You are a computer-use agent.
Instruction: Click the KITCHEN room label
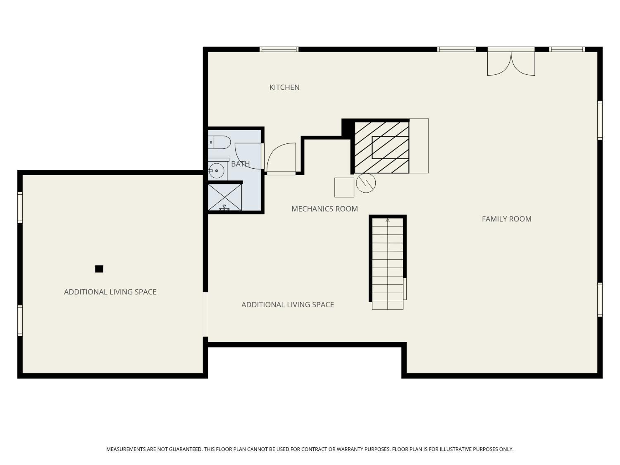pyautogui.click(x=284, y=87)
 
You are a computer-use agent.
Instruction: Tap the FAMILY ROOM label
pyautogui.click(x=506, y=219)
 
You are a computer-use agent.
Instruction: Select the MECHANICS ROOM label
pyautogui.click(x=324, y=209)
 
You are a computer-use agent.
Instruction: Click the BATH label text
pyautogui.click(x=240, y=164)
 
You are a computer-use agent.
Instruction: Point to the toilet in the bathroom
pyautogui.click(x=219, y=142)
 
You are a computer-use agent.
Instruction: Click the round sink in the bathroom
pyautogui.click(x=216, y=170)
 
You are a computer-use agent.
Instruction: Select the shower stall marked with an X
pyautogui.click(x=224, y=197)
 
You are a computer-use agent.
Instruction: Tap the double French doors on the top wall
pyautogui.click(x=511, y=62)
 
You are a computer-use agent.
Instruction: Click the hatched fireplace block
pyautogui.click(x=382, y=147)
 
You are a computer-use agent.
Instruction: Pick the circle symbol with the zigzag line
pyautogui.click(x=366, y=183)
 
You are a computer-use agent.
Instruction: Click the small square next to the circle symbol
pyautogui.click(x=344, y=187)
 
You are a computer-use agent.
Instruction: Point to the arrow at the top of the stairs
pyautogui.click(x=387, y=220)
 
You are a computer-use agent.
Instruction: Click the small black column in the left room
pyautogui.click(x=99, y=269)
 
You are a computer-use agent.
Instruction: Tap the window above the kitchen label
pyautogui.click(x=279, y=49)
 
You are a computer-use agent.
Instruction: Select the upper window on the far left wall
pyautogui.click(x=20, y=207)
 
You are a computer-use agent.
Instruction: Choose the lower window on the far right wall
pyautogui.click(x=600, y=300)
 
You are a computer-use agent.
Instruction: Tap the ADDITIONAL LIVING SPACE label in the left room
pyautogui.click(x=110, y=292)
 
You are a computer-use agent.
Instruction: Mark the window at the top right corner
pyautogui.click(x=567, y=49)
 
